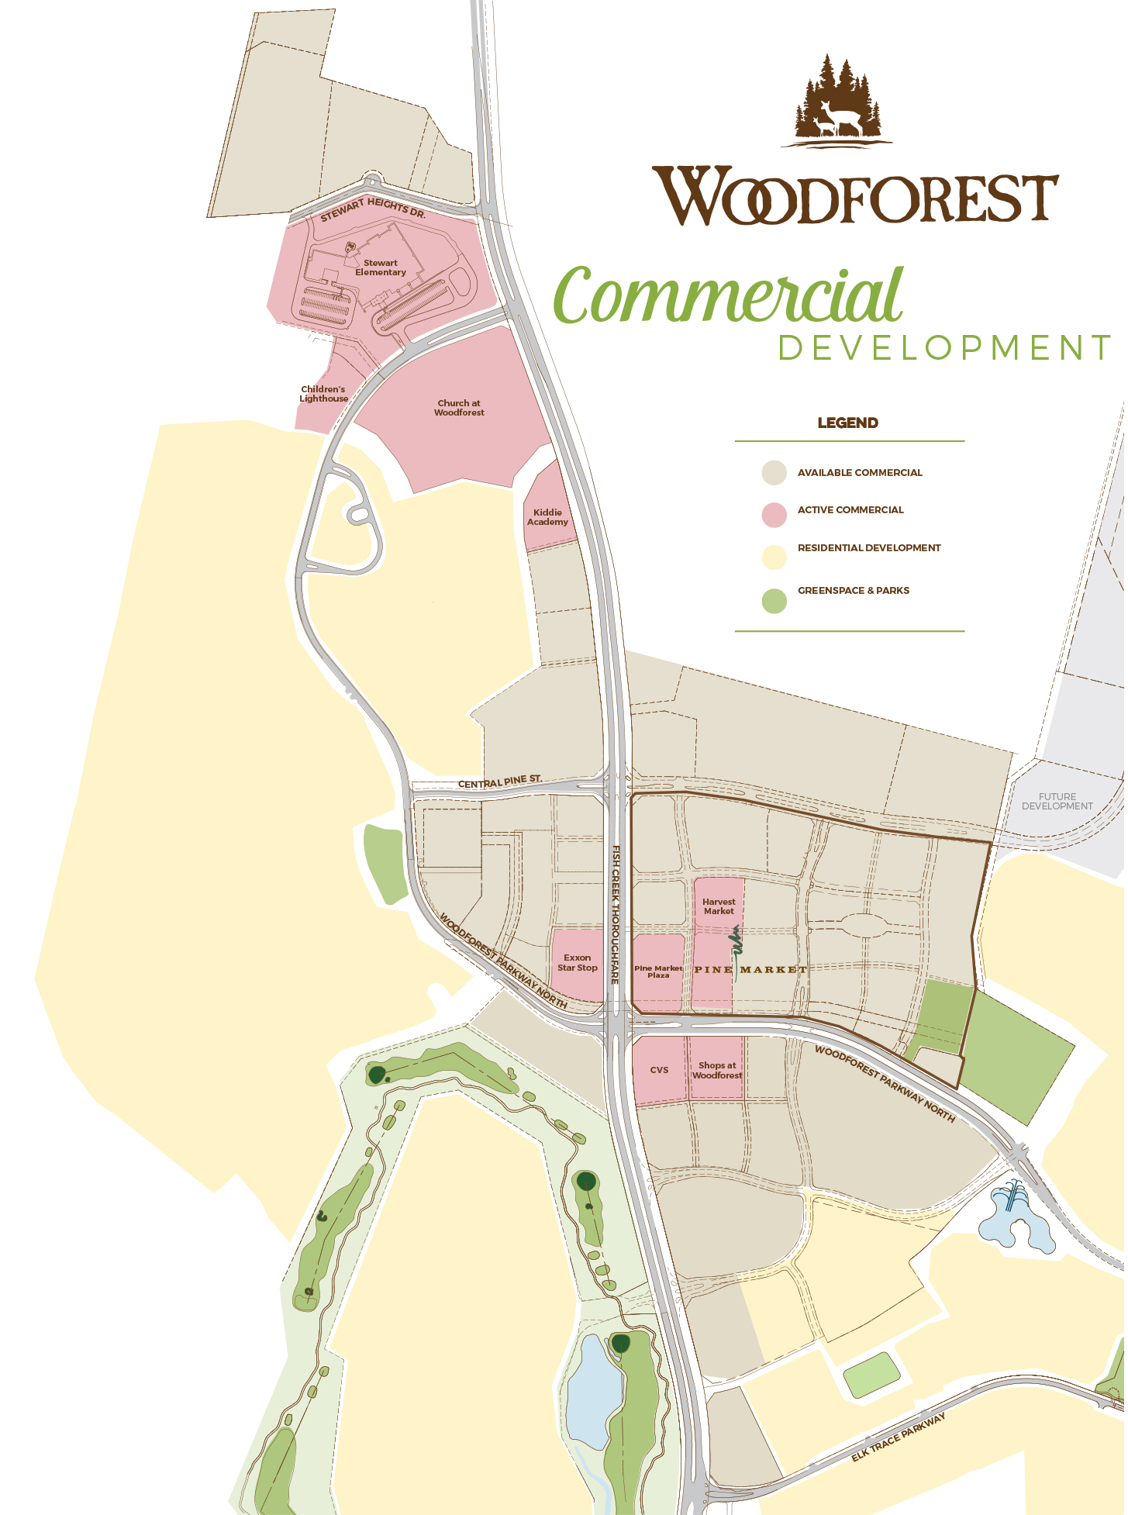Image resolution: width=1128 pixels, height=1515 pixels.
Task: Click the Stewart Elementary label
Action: coord(380,267)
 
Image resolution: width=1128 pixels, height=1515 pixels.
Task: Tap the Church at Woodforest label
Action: coord(459,408)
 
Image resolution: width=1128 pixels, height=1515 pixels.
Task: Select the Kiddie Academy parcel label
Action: coord(547,517)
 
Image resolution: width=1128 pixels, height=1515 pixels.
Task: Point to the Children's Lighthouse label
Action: coord(323,394)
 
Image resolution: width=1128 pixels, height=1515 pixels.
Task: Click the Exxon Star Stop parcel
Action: coord(578,963)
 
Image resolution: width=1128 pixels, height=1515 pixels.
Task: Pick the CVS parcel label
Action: coord(659,1070)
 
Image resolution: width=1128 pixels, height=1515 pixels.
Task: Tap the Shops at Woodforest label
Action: coord(717,1071)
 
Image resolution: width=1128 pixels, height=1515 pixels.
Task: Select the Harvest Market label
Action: coord(719,906)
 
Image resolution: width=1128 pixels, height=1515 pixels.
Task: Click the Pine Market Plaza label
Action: coord(658,972)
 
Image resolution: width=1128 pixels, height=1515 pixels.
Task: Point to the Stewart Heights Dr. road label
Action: coord(374,209)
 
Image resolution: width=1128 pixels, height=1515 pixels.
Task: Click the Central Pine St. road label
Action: coord(499,782)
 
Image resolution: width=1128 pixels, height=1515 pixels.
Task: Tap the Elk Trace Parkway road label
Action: coord(899,1437)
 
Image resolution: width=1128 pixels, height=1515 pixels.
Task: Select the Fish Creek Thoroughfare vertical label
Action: coord(616,915)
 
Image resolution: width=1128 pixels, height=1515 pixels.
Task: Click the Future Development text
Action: coord(1057,801)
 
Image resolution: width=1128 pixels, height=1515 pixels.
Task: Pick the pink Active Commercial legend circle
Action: coord(774,514)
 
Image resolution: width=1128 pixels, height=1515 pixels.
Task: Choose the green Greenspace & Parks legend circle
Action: coord(774,601)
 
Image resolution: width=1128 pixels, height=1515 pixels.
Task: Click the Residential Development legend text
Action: coord(868,548)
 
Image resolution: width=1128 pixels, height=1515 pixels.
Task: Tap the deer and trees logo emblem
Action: coord(837,101)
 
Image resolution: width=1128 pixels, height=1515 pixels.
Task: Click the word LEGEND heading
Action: coord(847,423)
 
